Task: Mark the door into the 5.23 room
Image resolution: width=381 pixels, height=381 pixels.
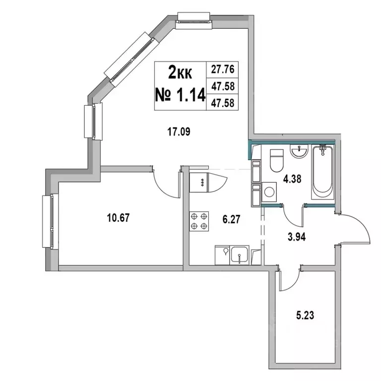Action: tap(288, 281)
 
